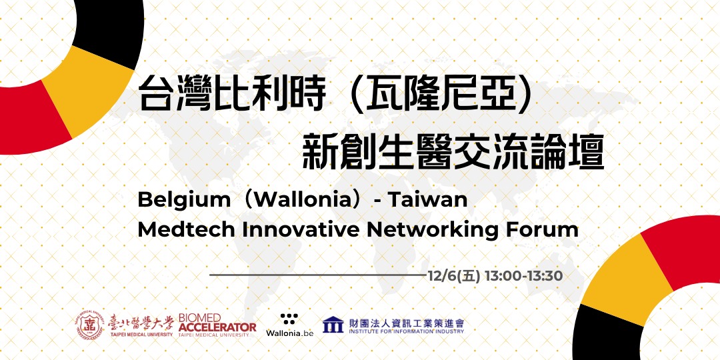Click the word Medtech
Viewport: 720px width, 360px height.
coord(187,229)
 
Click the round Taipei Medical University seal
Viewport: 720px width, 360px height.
coord(91,325)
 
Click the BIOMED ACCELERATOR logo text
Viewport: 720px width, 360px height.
coord(217,325)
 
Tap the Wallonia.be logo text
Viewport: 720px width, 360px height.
coord(289,333)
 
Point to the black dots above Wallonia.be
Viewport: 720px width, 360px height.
coord(289,319)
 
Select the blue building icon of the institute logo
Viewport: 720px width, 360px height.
coord(333,325)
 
